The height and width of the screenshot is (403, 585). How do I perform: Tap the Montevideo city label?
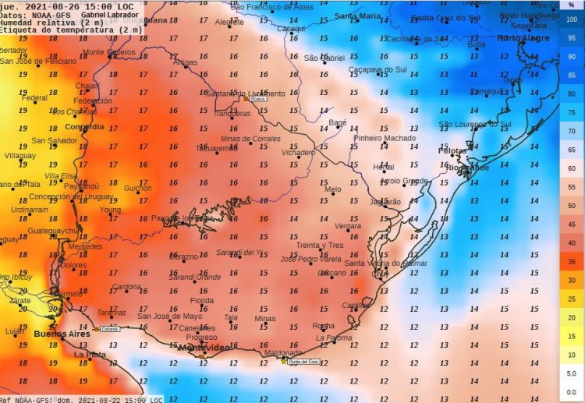(204, 348)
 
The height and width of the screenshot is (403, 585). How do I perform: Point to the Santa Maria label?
(358, 16)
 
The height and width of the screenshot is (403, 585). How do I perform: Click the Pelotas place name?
(452, 150)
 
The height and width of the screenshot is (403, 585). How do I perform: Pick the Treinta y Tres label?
(320, 246)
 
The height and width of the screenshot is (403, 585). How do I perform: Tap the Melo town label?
(333, 189)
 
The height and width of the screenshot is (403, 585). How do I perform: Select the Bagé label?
(338, 122)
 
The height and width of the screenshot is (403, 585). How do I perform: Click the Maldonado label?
(283, 352)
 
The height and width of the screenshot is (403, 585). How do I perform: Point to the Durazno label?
(183, 256)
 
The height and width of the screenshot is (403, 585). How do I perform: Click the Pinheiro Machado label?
(385, 138)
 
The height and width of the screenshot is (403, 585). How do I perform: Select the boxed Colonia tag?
(109, 329)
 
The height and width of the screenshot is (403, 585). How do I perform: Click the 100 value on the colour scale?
(571, 19)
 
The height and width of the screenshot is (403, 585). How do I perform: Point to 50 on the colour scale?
(571, 205)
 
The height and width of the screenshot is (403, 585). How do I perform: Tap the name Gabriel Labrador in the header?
(110, 15)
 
